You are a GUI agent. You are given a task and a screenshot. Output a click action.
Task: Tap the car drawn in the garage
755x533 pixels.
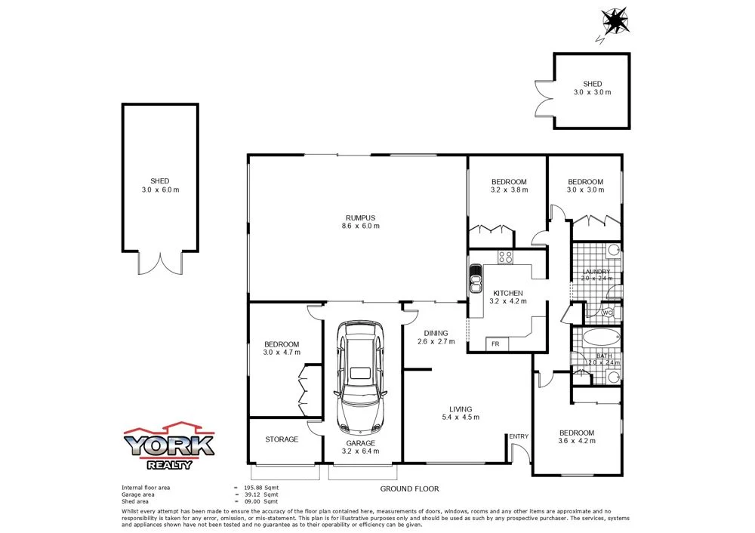360,374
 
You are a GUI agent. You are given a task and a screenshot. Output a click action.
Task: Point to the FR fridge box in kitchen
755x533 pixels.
495,344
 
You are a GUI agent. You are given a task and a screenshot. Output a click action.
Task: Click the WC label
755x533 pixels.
608,313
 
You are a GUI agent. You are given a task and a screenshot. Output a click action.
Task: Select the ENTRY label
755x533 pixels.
519,436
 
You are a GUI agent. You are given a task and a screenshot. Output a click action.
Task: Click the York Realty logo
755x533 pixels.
169,445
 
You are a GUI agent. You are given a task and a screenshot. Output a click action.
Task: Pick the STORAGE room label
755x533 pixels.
281,439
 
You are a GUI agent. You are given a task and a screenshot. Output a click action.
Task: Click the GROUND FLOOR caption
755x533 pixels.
409,489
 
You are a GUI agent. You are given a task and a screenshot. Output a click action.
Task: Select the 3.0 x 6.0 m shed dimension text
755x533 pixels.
160,189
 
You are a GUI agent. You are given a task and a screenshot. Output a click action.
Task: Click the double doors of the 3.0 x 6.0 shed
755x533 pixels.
160,263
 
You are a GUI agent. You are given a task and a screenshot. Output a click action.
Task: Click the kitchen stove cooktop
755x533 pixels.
505,257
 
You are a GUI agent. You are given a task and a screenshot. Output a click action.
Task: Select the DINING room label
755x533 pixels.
436,333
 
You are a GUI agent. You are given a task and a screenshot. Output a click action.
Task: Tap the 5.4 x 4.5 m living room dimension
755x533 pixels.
461,417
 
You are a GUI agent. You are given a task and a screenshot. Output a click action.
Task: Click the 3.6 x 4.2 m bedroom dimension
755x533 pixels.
576,441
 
